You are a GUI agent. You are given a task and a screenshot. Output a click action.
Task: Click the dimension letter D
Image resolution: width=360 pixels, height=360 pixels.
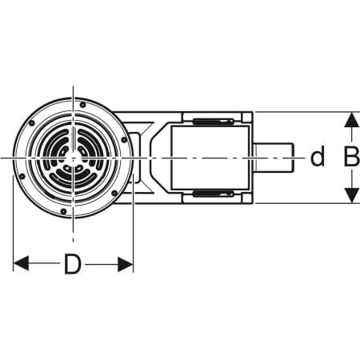tap(73, 265)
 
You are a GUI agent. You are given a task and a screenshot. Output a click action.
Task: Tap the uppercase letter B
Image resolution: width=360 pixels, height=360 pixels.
tap(350, 158)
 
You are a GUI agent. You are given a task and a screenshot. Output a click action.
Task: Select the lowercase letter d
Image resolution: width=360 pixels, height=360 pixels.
tap(318, 158)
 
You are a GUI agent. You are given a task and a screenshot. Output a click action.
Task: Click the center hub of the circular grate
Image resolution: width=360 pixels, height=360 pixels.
tap(73, 158)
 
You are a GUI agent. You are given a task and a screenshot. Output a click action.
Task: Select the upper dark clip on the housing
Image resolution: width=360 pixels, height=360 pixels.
tap(212, 122)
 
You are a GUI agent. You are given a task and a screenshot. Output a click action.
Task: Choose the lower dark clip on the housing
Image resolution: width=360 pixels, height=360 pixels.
tap(212, 194)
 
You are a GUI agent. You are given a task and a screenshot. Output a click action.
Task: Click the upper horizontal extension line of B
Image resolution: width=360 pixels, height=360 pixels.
tap(304, 112)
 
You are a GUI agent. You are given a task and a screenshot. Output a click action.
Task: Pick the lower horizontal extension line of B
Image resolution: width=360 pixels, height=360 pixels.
tap(304, 203)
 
